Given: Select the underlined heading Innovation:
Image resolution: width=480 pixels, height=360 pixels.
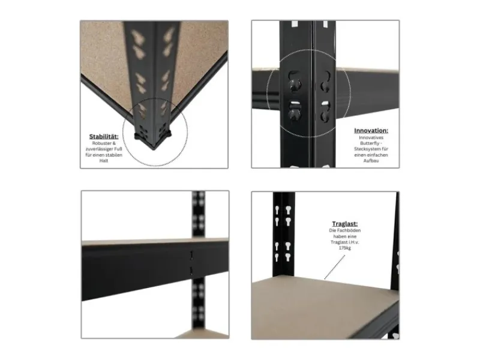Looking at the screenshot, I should [371, 130].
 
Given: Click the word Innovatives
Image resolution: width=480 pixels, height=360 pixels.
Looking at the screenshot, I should [371, 138].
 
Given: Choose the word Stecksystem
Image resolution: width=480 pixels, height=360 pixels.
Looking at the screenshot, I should [368, 150].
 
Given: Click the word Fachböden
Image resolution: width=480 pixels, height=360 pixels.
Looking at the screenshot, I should [351, 231].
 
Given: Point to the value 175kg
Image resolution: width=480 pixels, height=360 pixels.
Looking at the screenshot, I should [347, 248].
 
